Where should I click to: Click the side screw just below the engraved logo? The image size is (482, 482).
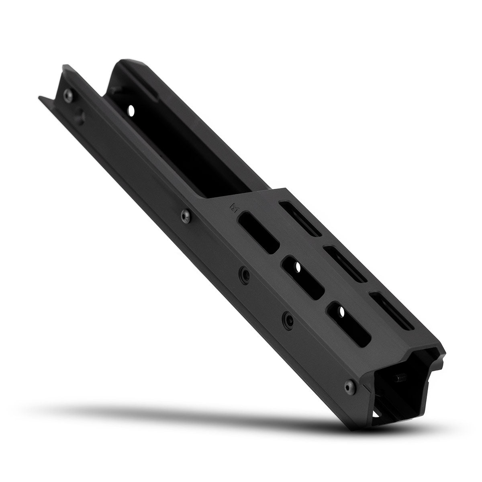[185, 216]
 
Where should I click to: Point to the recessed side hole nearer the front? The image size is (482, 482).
[288, 319]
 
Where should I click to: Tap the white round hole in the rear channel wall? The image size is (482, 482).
[130, 109]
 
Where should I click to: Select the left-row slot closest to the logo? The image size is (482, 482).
[258, 233]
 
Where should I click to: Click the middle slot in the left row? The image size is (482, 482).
[302, 277]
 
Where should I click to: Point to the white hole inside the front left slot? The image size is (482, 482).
[341, 310]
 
